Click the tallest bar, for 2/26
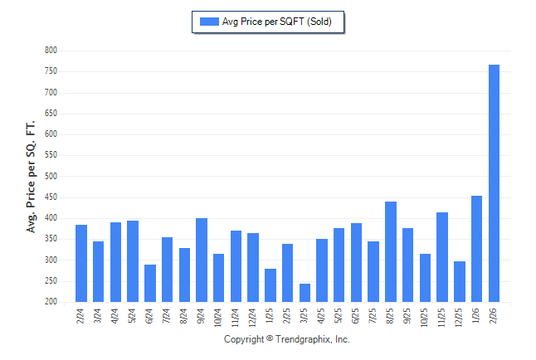494,183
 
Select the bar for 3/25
305,293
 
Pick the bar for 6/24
150,283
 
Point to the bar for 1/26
476,249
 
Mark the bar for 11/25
442,257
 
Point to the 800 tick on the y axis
51,51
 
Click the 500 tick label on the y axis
51,177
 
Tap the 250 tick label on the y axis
51,281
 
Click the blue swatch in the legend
208,22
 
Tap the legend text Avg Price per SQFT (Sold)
277,22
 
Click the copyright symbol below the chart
269,339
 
